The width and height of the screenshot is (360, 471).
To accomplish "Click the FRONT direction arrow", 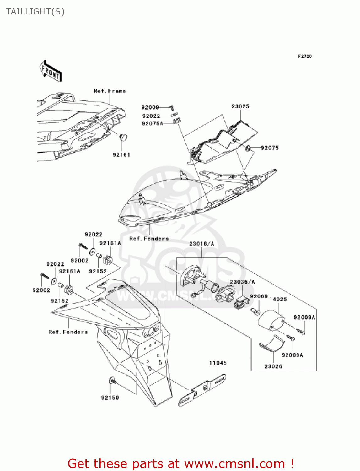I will (x=50, y=71).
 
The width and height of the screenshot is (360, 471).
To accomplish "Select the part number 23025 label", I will (x=240, y=106).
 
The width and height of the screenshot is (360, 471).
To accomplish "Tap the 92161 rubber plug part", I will (x=123, y=137).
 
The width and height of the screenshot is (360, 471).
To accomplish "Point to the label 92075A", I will (x=153, y=124).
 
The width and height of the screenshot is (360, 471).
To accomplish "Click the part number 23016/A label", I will (x=201, y=244).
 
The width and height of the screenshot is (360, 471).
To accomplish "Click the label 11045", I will (x=218, y=363).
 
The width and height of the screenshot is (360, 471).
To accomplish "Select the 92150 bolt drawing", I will (x=112, y=381).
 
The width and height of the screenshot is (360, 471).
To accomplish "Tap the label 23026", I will (x=273, y=366).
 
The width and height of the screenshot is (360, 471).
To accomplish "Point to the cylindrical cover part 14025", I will (x=271, y=320).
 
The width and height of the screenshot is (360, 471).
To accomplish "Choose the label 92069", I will (x=259, y=296).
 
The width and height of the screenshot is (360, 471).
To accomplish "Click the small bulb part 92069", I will (x=255, y=311).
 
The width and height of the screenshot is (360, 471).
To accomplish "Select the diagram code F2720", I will (x=305, y=56).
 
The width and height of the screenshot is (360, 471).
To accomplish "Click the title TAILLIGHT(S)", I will (x=35, y=12).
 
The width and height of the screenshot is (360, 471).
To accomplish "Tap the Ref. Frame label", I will (x=110, y=91).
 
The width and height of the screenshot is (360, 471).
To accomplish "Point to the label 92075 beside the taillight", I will (x=270, y=148).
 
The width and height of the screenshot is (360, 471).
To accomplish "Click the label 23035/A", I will (x=242, y=282).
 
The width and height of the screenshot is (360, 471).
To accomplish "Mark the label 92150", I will (x=110, y=398).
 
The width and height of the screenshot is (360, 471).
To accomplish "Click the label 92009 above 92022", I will (x=150, y=107).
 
